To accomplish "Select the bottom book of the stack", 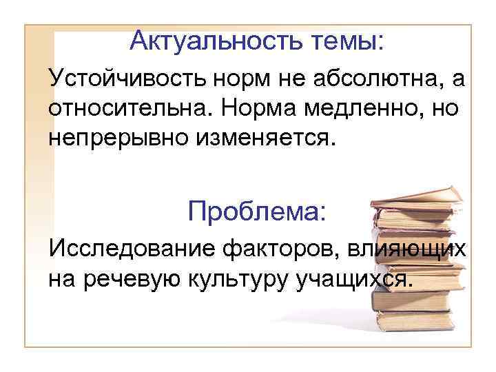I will tap(413, 321).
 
